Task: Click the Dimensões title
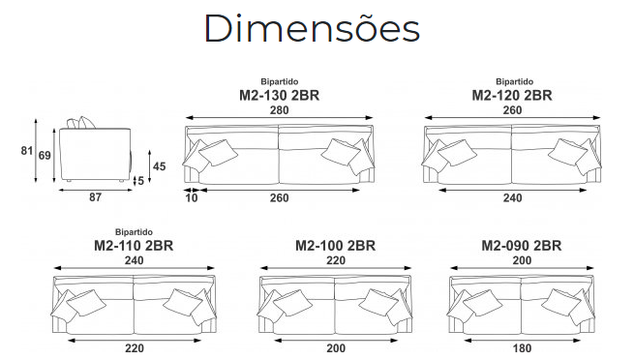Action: point(312,28)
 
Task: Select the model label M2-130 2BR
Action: point(280,96)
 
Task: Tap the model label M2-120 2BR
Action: point(512,96)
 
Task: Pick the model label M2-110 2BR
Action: point(134,246)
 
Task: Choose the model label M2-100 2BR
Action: point(335,246)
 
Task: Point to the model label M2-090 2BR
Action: point(521,246)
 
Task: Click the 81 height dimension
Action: point(27,151)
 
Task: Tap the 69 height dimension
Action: point(45,155)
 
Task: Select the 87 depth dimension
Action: point(95,197)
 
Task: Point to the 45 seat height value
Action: point(160,166)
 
